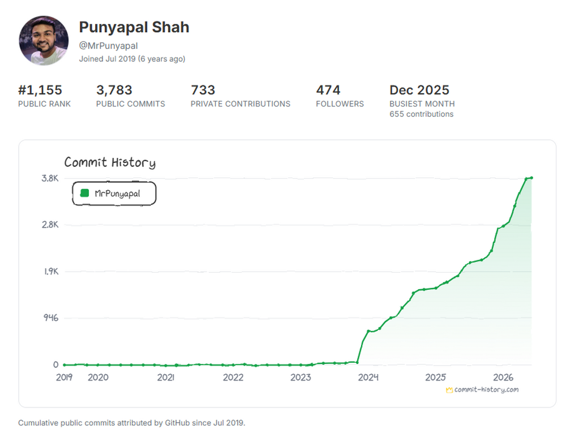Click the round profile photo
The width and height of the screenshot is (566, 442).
click(x=44, y=40)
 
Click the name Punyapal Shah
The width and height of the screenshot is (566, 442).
click(x=134, y=27)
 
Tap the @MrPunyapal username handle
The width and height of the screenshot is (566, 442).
click(x=108, y=46)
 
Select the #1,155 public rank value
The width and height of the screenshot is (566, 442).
click(x=40, y=90)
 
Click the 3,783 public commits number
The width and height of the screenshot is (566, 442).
click(x=114, y=90)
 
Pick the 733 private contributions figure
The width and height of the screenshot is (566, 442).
click(x=203, y=90)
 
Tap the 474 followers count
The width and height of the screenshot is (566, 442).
click(x=328, y=90)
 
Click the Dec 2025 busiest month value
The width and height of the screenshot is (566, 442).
click(x=419, y=90)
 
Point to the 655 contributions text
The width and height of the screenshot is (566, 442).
click(x=421, y=114)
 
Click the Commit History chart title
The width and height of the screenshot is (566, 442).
click(x=110, y=162)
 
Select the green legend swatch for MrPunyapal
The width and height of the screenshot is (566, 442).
click(x=85, y=193)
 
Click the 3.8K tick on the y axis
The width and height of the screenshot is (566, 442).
click(x=50, y=178)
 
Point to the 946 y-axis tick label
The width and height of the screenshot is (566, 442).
click(x=51, y=318)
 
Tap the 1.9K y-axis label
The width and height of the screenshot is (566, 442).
click(x=52, y=271)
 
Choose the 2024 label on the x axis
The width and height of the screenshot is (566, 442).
click(x=368, y=377)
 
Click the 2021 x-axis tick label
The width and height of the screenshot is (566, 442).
click(x=166, y=377)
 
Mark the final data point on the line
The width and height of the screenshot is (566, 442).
click(x=531, y=178)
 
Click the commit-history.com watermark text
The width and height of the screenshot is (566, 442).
click(x=486, y=390)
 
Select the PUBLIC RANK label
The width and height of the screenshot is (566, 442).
click(x=44, y=104)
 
